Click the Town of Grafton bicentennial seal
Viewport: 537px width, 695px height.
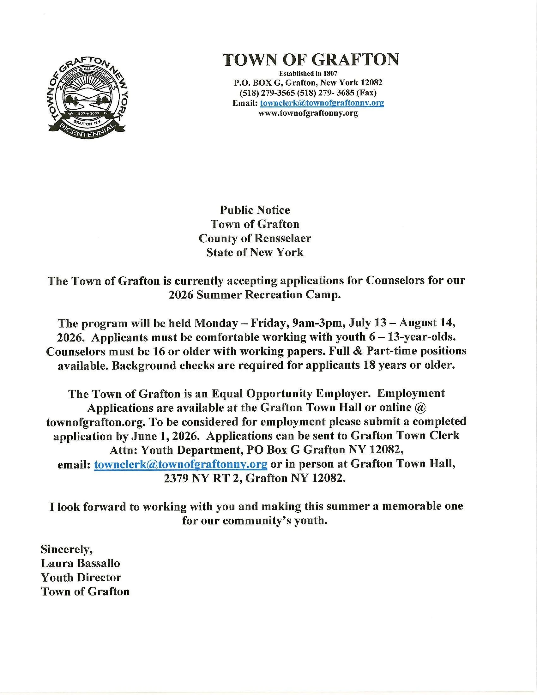(x=87, y=97)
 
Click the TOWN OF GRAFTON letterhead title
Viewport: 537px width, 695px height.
(x=310, y=60)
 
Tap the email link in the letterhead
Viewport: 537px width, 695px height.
(x=322, y=103)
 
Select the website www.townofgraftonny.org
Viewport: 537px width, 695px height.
(x=308, y=113)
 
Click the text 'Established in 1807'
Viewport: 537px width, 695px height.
(x=308, y=73)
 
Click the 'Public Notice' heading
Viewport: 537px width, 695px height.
(x=255, y=210)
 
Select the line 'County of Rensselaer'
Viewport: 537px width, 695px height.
(x=255, y=238)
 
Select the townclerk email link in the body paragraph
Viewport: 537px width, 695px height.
(x=180, y=464)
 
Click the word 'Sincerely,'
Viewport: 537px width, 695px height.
(x=66, y=549)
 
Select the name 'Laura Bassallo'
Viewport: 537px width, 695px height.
(x=80, y=563)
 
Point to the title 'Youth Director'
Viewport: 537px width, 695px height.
(x=81, y=577)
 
